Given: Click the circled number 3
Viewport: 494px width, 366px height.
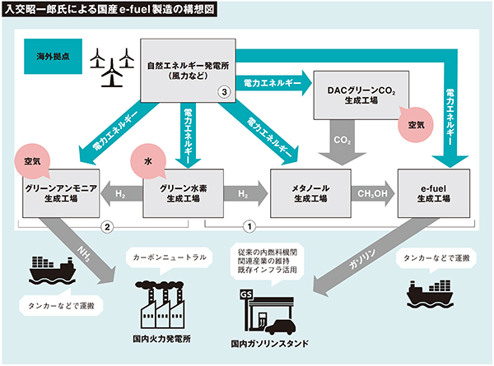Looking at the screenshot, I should click(x=223, y=93).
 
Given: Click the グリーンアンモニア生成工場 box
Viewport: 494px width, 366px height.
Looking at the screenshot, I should click(x=63, y=194).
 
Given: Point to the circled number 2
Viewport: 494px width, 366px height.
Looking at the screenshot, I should click(x=105, y=225).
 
